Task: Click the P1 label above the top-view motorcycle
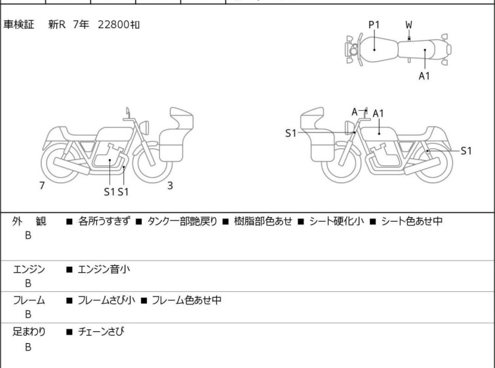point(374,25)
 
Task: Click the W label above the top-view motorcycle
point(408,25)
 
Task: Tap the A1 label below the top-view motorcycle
point(424,76)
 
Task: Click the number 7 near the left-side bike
point(42,186)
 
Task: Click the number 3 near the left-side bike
point(170,186)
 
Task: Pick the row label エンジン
point(29,269)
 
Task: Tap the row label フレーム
point(29,300)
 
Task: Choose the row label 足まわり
point(29,332)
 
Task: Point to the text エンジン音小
point(104,269)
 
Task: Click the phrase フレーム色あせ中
point(186,300)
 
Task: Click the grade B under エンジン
point(28,283)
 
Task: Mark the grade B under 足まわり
point(28,347)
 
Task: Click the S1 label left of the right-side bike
point(290,134)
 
